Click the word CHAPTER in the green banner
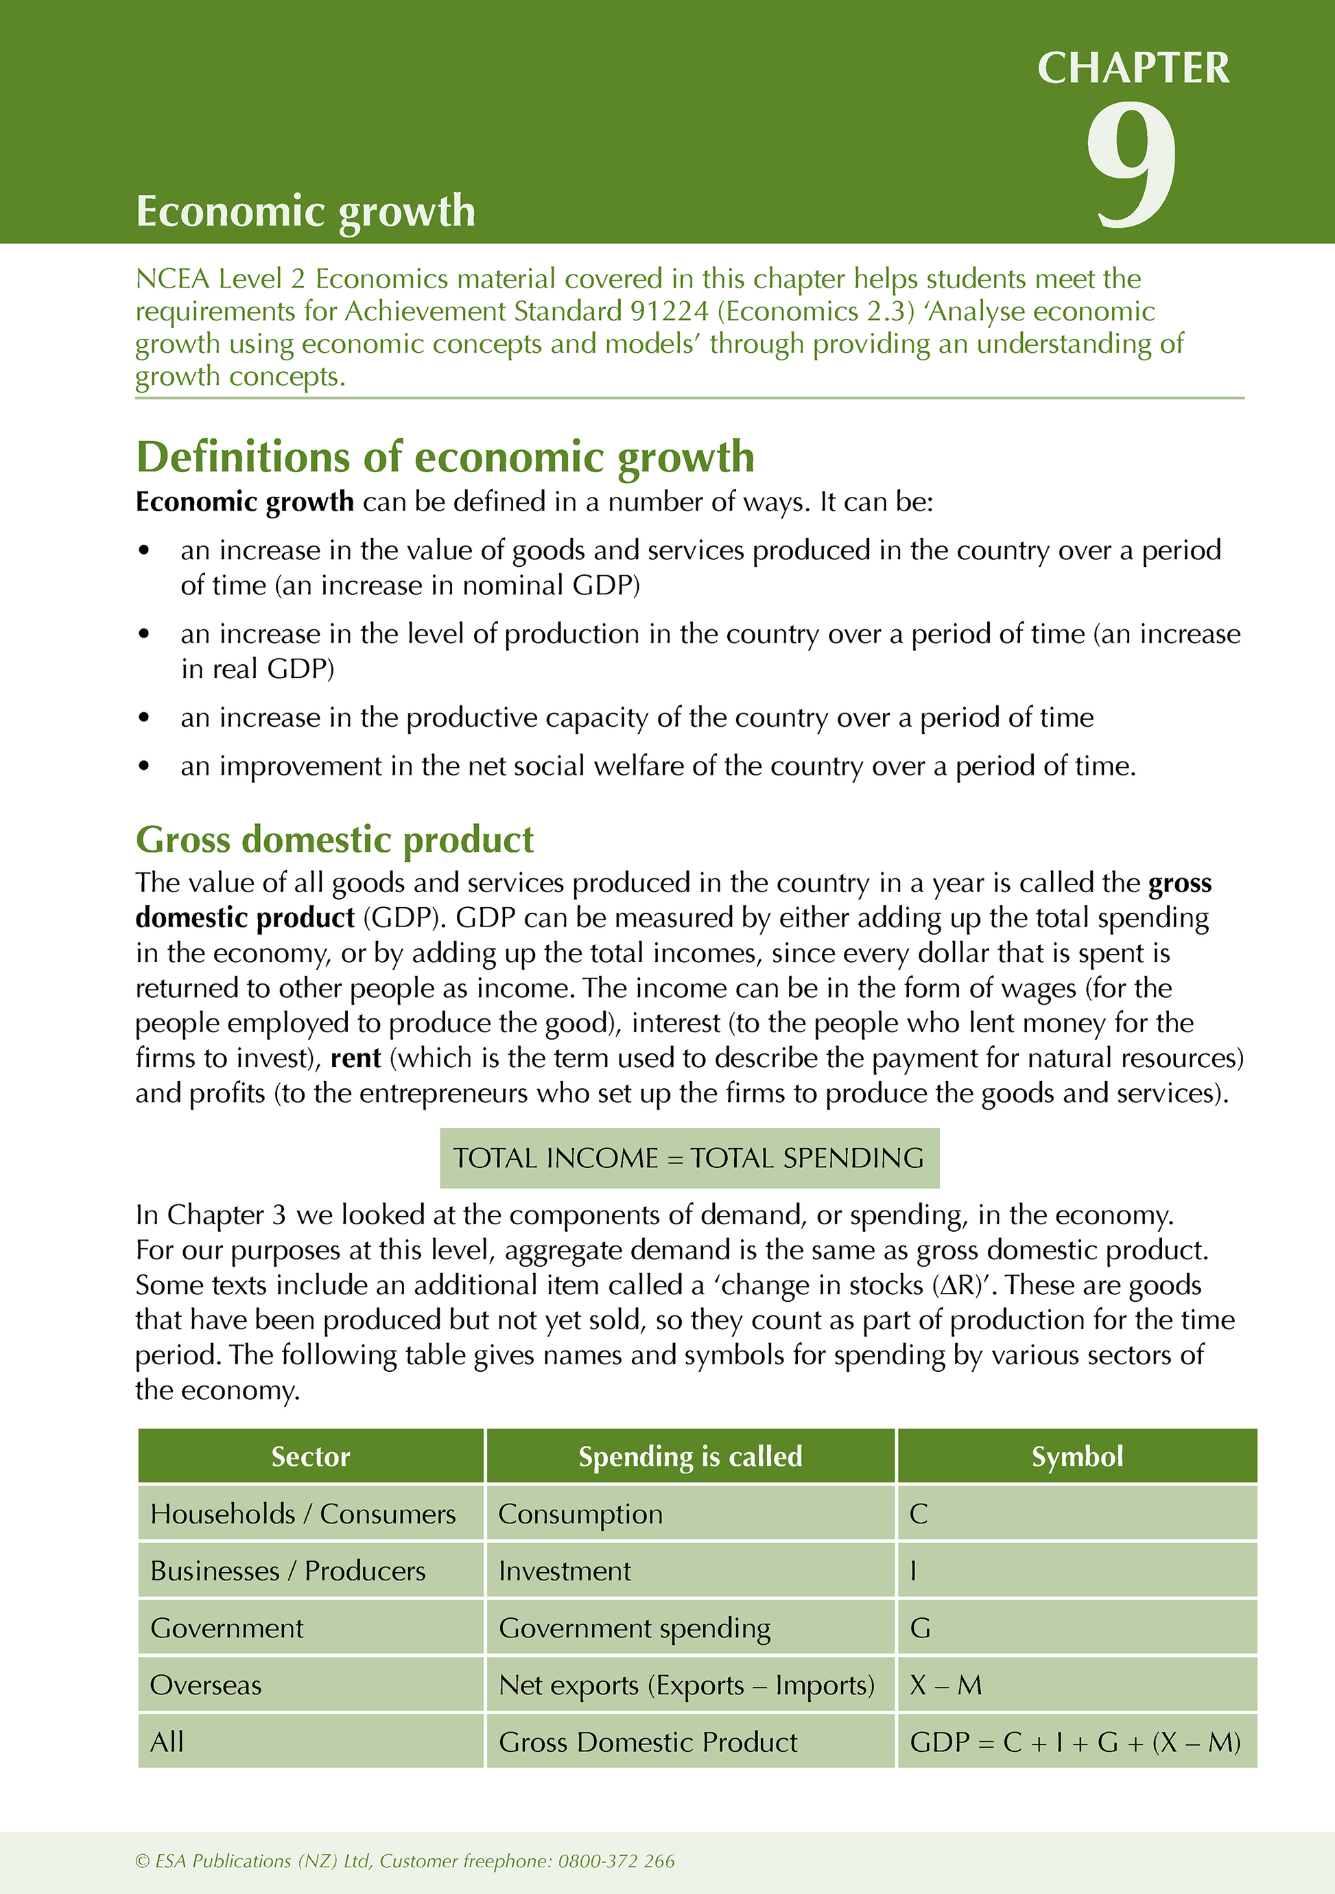(1133, 69)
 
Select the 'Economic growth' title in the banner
(306, 211)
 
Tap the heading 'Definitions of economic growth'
(445, 457)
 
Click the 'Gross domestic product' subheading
(335, 840)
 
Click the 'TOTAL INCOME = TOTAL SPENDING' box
(689, 1158)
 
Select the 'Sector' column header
(311, 1456)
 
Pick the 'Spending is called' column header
(690, 1456)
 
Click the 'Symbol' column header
(1077, 1456)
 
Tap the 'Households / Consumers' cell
(303, 1514)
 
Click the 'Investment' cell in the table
(565, 1571)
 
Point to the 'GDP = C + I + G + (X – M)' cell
(1074, 1742)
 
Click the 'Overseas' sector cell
(206, 1685)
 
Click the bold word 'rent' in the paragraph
(355, 1058)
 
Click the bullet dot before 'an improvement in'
(144, 767)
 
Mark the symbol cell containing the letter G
(920, 1628)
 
